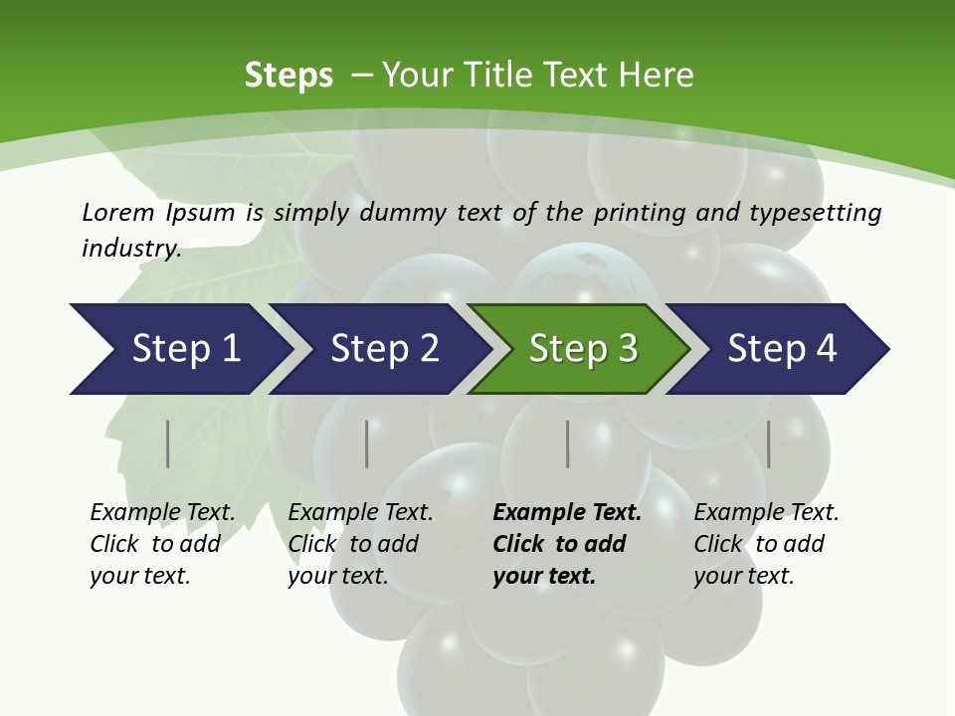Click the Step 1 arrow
pyautogui.click(x=185, y=349)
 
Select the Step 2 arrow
pyautogui.click(x=384, y=349)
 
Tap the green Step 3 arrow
pyautogui.click(x=583, y=349)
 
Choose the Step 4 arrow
pyautogui.click(x=782, y=349)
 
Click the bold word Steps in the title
pyautogui.click(x=288, y=76)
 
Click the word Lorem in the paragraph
pyautogui.click(x=117, y=212)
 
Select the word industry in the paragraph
pyautogui.click(x=130, y=248)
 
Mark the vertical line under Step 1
pyautogui.click(x=168, y=444)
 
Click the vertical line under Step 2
pyautogui.click(x=367, y=444)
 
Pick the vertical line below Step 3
pyautogui.click(x=568, y=444)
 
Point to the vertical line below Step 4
pyautogui.click(x=769, y=444)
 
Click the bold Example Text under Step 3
pyautogui.click(x=567, y=513)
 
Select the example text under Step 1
pyautogui.click(x=162, y=543)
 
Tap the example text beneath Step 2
pyautogui.click(x=360, y=543)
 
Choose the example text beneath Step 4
pyautogui.click(x=766, y=543)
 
